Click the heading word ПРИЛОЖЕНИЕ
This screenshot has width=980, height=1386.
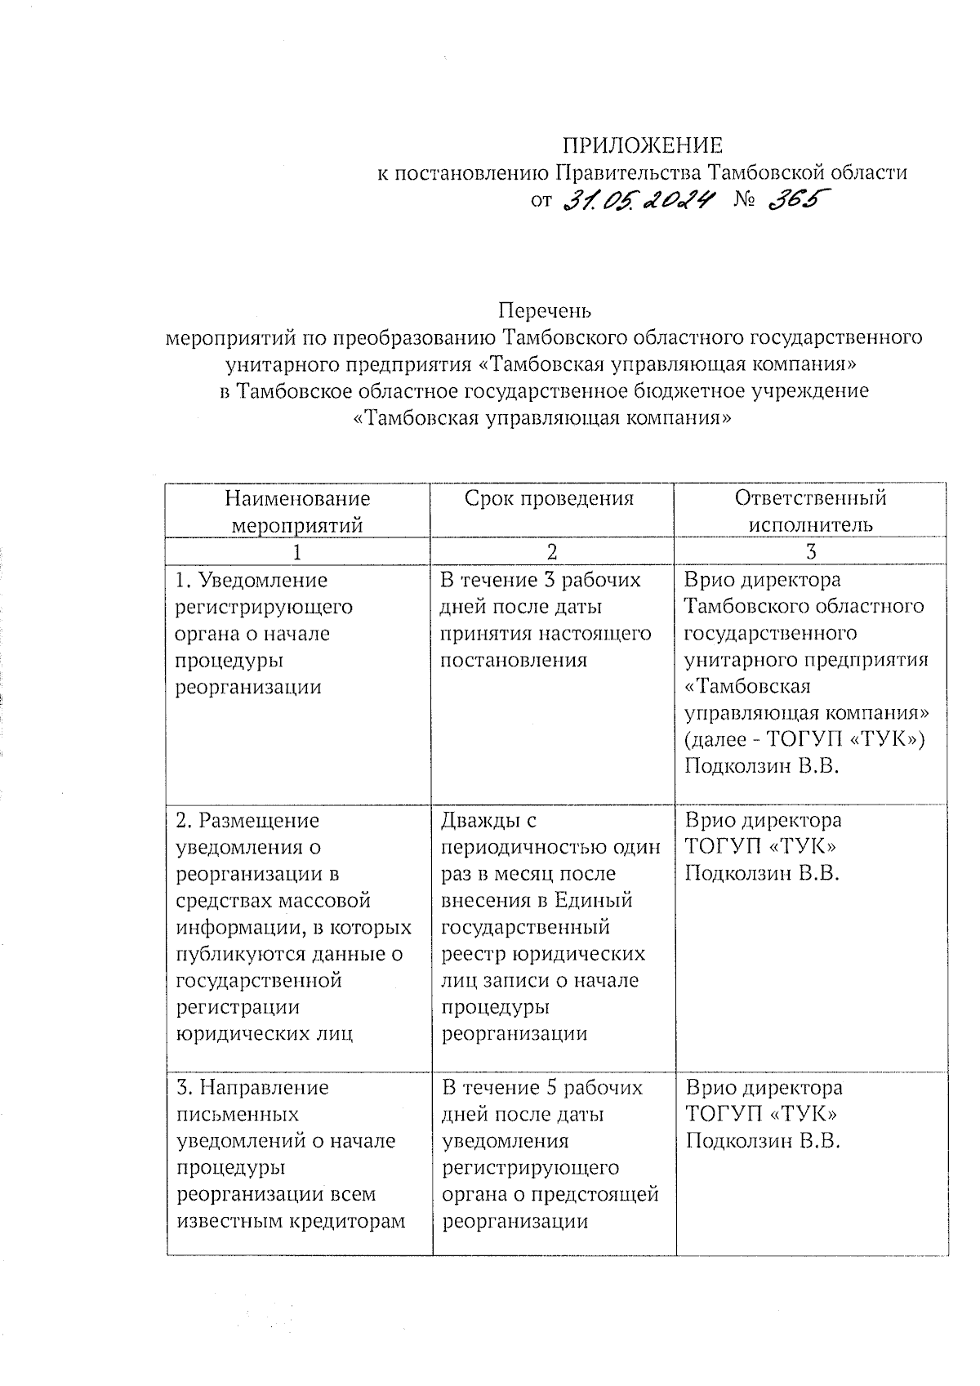tap(642, 146)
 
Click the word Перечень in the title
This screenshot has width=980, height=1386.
tap(545, 310)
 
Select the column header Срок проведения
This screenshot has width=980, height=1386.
tap(549, 498)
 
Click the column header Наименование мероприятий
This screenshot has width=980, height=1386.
tap(297, 511)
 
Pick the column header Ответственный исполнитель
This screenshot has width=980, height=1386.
tap(810, 511)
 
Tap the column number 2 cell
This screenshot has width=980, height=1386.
tap(552, 551)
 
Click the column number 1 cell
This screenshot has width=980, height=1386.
tap(297, 551)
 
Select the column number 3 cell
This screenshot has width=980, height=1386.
tap(810, 551)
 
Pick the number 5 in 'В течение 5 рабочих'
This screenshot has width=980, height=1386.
tap(546, 1088)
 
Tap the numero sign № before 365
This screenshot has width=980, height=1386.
tap(744, 199)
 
